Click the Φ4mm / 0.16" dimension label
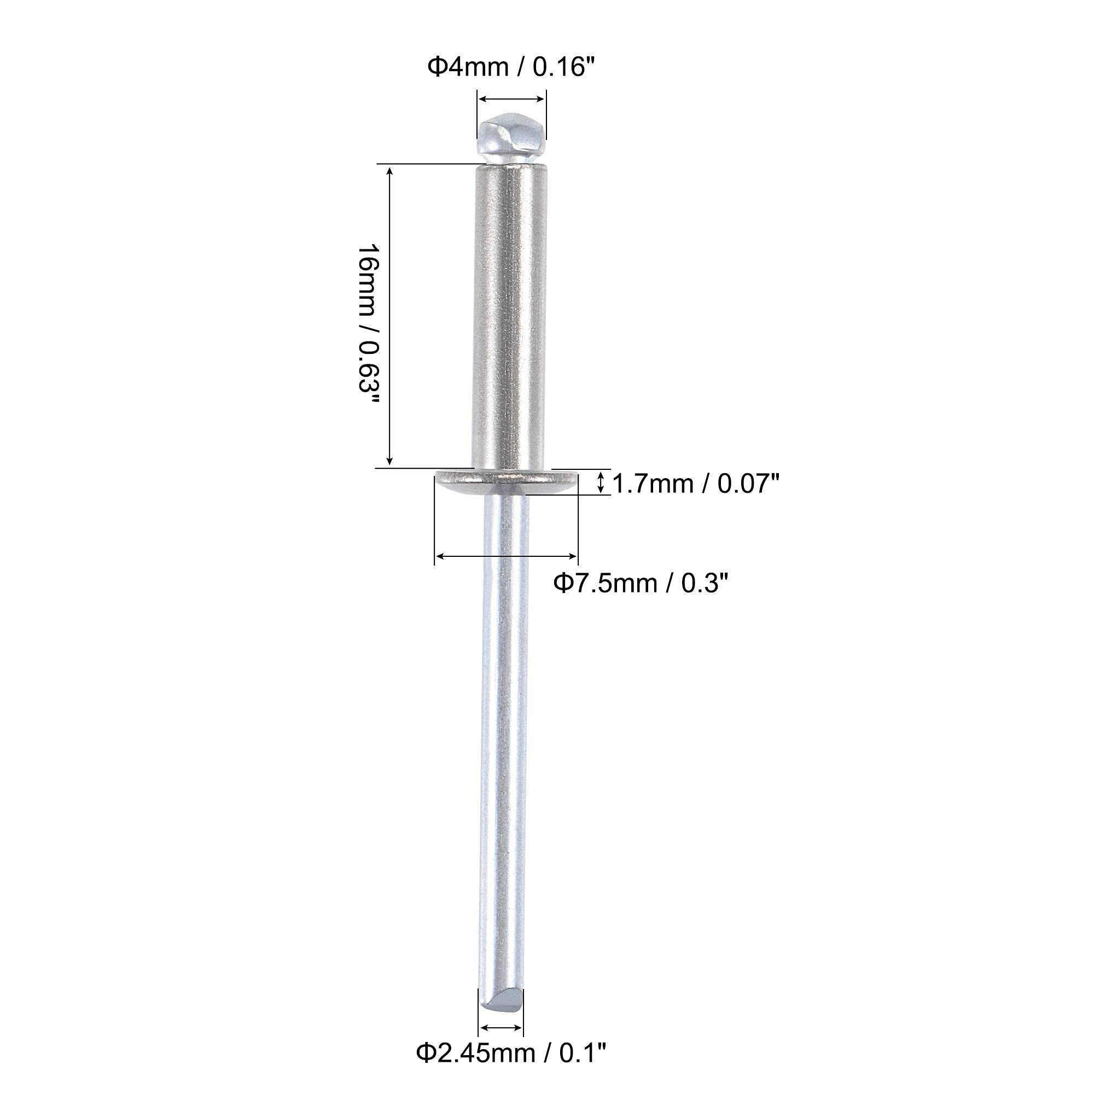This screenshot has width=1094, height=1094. pos(511,67)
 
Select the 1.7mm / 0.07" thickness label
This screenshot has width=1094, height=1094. pos(696,484)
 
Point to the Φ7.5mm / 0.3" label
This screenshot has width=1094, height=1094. pos(639,583)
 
